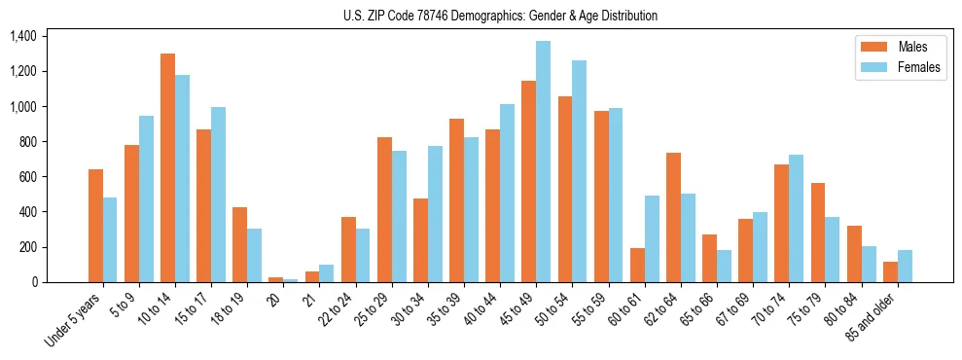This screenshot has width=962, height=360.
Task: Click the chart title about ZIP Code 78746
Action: tap(500, 16)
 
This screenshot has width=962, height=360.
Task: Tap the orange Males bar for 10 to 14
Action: tap(167, 167)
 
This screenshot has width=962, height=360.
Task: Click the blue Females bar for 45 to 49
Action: tap(543, 162)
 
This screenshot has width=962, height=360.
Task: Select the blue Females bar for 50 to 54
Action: tap(579, 171)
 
